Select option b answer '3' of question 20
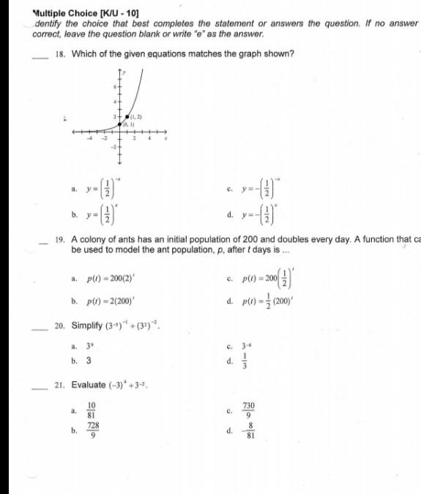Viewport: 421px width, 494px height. pyautogui.click(x=88, y=361)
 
